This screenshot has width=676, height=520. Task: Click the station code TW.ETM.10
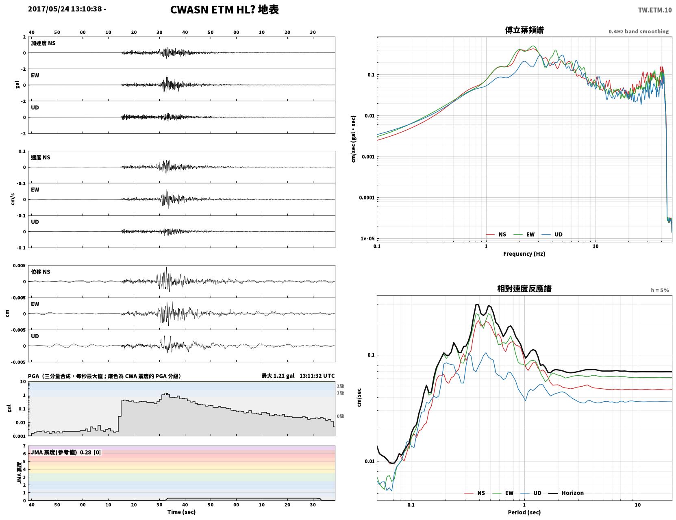(654, 10)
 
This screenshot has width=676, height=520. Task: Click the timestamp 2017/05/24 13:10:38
(65, 9)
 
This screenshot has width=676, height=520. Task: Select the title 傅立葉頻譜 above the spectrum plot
(524, 30)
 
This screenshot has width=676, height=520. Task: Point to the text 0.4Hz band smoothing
(638, 31)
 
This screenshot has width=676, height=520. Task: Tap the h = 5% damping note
(659, 290)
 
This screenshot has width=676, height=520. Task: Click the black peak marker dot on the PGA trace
(167, 394)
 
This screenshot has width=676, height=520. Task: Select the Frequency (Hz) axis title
(524, 254)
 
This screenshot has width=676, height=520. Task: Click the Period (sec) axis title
(524, 512)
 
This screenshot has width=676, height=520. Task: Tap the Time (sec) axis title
(181, 512)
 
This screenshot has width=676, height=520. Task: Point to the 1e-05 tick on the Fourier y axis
(367, 239)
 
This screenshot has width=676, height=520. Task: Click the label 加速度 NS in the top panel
(43, 43)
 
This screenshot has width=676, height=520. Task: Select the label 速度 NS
(40, 158)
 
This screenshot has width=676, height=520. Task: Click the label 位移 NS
(40, 272)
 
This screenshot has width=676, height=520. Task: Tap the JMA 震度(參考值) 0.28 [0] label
(65, 452)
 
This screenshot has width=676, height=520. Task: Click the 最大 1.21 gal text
(278, 376)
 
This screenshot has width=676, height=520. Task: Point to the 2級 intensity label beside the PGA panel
(340, 386)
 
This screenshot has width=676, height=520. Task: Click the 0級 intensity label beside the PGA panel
(340, 416)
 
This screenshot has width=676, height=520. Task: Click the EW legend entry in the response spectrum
(503, 493)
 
